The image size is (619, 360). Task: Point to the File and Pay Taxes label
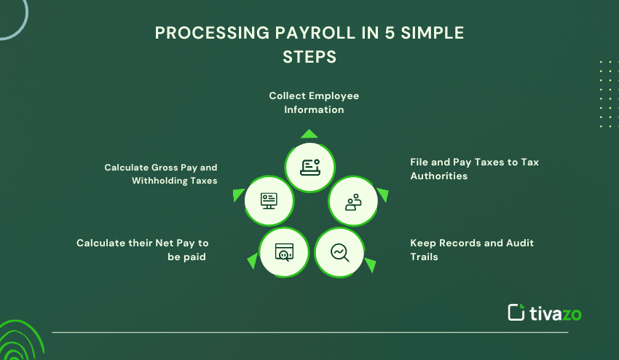click(474, 169)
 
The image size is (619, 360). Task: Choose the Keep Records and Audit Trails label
click(472, 249)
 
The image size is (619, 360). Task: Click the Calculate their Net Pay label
click(142, 249)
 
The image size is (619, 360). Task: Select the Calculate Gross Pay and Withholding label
click(161, 173)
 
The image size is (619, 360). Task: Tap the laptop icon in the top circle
click(309, 167)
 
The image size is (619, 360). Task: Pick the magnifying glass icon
click(340, 252)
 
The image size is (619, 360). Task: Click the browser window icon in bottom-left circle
click(283, 252)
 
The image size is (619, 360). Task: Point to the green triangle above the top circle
click(309, 133)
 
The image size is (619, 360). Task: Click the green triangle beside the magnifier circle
click(370, 265)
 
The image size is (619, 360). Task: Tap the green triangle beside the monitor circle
click(238, 195)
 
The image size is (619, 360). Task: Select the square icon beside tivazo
click(516, 312)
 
